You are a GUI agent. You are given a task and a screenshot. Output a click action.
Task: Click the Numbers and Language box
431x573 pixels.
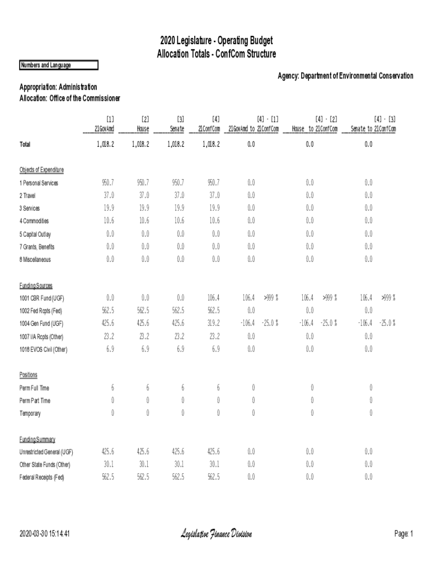[58, 65]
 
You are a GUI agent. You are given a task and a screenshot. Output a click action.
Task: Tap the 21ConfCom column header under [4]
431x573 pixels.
[209, 129]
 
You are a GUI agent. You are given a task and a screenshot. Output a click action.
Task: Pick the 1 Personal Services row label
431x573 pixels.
[39, 183]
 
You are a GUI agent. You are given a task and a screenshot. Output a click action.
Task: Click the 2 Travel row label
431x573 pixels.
[28, 196]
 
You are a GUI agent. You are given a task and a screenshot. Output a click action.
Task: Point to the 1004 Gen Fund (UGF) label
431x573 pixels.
[41, 323]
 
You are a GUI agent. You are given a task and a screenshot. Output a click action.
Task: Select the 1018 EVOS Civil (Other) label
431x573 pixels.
[44, 349]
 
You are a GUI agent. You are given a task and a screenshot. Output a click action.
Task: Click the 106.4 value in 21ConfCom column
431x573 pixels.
[213, 298]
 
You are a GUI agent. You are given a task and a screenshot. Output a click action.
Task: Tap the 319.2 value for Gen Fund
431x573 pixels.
[213, 323]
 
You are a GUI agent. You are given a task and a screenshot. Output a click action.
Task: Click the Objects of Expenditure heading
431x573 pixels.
[41, 170]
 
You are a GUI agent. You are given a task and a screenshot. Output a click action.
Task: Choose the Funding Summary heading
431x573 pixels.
[38, 440]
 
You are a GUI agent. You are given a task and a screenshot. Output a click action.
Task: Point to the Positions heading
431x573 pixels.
[29, 374]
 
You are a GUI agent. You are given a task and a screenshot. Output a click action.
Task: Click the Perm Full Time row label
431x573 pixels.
[35, 388]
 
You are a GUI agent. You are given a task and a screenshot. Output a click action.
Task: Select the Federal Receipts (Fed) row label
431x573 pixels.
[42, 477]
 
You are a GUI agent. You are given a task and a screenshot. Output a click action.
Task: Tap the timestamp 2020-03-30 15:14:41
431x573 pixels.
[44, 534]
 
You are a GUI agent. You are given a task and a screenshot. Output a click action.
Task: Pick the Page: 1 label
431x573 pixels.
[404, 534]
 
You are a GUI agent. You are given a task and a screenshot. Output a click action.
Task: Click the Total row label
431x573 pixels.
[25, 144]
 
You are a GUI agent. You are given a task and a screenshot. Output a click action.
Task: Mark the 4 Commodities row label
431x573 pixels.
[34, 221]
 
